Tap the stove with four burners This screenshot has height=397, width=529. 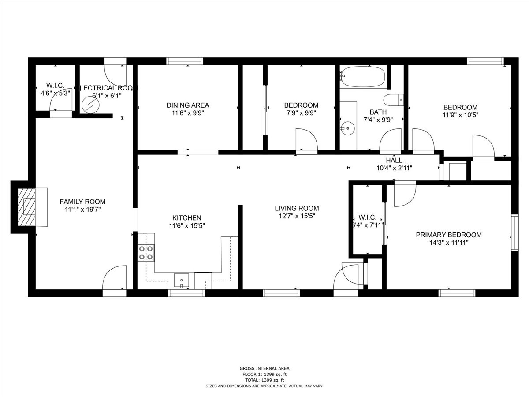tap(146, 253)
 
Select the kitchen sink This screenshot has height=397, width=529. tap(181, 280)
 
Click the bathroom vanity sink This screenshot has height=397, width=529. tap(347, 130)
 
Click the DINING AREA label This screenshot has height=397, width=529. tap(187, 105)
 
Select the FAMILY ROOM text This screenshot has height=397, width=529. tap(82, 202)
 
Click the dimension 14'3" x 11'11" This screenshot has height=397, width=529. tap(449, 243)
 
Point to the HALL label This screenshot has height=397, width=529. tap(394, 160)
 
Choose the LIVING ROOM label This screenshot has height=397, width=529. tap(296, 208)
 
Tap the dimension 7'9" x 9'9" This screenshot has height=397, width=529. tap(301, 113)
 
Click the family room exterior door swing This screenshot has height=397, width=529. tap(115, 279)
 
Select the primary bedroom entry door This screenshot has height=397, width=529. tap(405, 194)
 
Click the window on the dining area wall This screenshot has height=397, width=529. tap(185, 61)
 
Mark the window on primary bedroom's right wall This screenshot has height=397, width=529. tap(514, 232)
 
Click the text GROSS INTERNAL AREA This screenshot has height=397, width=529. tap(264, 368)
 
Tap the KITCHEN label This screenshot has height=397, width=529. tap(186, 217)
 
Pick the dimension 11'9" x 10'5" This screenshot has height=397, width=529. tap(460, 115)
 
